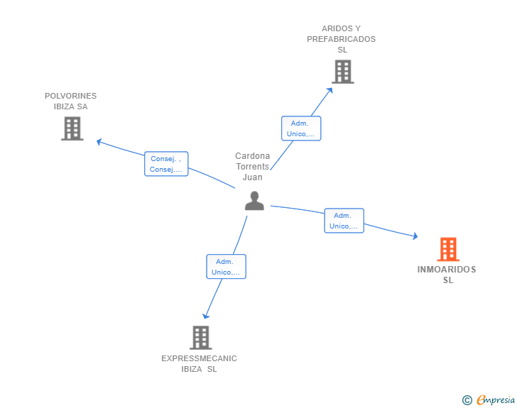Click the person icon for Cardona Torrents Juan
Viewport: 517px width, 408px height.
pyautogui.click(x=254, y=201)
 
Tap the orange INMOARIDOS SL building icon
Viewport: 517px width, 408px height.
pyautogui.click(x=448, y=249)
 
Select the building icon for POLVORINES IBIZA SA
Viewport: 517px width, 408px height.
pyautogui.click(x=72, y=128)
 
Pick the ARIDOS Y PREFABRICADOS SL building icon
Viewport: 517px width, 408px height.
pyautogui.click(x=343, y=72)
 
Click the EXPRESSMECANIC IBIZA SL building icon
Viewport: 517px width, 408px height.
pyautogui.click(x=201, y=338)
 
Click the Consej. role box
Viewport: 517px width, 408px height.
pyautogui.click(x=166, y=164)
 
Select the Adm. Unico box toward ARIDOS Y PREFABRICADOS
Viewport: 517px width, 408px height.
pyautogui.click(x=301, y=128)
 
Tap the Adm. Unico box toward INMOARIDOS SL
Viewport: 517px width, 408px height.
pyautogui.click(x=344, y=221)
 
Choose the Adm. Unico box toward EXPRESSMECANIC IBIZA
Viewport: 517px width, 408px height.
pyautogui.click(x=226, y=267)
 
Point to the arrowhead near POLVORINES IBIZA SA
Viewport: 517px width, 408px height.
pyautogui.click(x=99, y=142)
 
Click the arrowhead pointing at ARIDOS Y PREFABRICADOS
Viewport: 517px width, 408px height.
pyautogui.click(x=330, y=90)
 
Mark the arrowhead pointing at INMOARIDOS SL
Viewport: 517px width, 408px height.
pyautogui.click(x=415, y=236)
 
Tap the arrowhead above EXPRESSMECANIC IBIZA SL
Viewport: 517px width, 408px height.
pyautogui.click(x=206, y=316)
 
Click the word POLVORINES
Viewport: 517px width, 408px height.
pyautogui.click(x=70, y=96)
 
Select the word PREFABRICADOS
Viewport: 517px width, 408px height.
pyautogui.click(x=342, y=39)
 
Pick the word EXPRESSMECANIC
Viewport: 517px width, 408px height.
pyautogui.click(x=199, y=358)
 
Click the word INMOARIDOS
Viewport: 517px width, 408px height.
pyautogui.click(x=447, y=270)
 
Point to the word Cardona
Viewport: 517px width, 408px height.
pyautogui.click(x=253, y=156)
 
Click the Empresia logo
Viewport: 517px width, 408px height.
pyautogui.click(x=496, y=399)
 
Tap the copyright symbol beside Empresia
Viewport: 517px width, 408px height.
pyautogui.click(x=467, y=400)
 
